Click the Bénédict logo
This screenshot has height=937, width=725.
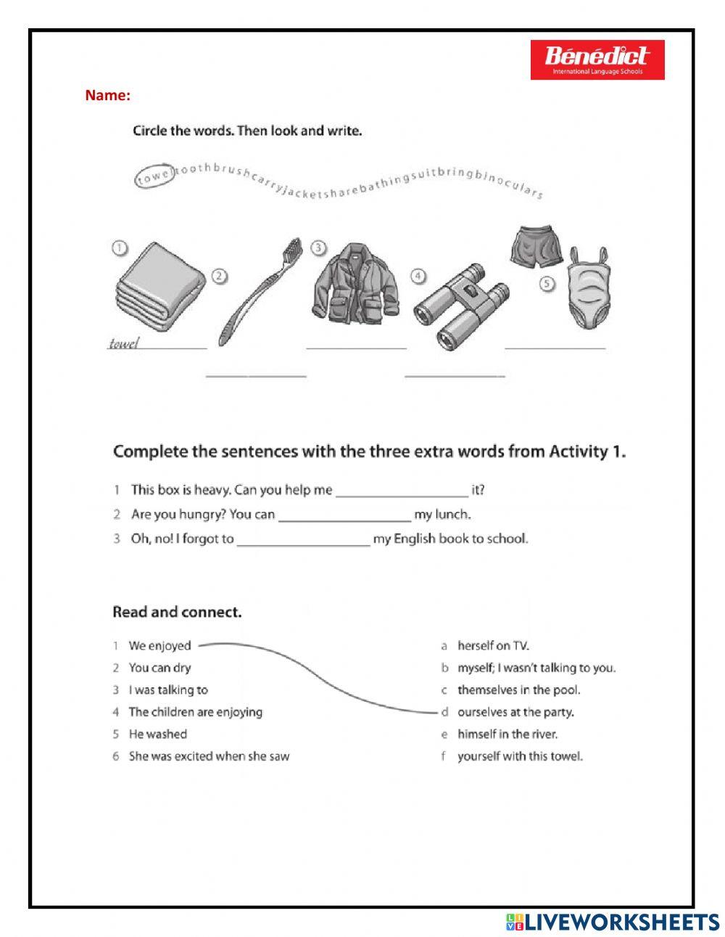[x=597, y=60]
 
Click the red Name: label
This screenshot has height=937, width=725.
[x=108, y=95]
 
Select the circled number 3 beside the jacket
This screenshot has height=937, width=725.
[x=318, y=248]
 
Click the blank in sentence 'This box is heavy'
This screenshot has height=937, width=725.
[x=402, y=491]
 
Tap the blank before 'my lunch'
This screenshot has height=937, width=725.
[x=344, y=516]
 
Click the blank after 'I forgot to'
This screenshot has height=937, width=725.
[x=303, y=541]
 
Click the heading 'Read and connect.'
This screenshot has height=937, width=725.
[x=177, y=612]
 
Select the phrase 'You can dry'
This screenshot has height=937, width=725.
[x=159, y=668]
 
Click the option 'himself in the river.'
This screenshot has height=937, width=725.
[x=507, y=734]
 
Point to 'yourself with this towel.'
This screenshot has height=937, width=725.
[x=519, y=756]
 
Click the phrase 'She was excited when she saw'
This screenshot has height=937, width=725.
[x=209, y=756]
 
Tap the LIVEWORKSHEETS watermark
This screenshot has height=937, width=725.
[x=613, y=922]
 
